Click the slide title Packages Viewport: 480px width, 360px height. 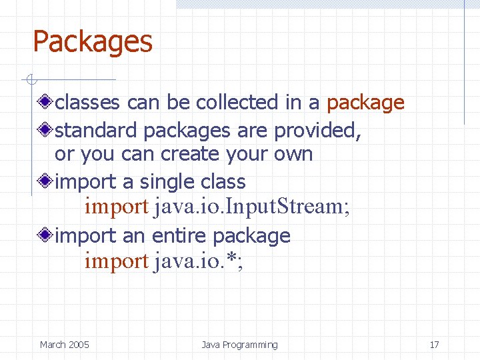pos(93,42)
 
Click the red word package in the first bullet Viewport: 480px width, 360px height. pos(365,103)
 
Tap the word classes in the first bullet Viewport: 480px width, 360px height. pos(87,103)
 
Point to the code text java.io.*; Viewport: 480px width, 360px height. pos(199,261)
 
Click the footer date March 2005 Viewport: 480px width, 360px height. pos(65,345)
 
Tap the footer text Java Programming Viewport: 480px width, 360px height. pos(239,345)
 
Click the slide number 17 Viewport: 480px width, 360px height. pos(434,345)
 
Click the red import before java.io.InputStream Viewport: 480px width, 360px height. pos(116,207)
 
